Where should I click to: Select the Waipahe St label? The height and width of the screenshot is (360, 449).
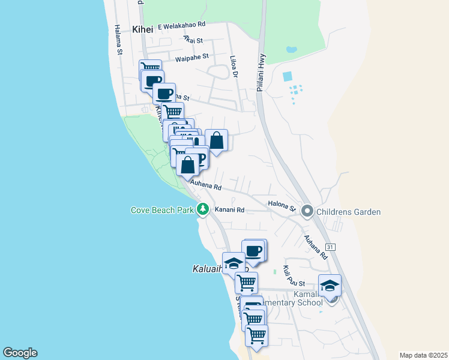[x=191, y=57]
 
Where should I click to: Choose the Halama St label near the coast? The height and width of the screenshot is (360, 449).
[x=118, y=40]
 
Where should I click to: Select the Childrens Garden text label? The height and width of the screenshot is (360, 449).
[x=349, y=212]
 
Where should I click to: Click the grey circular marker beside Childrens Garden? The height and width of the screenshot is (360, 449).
[x=307, y=211]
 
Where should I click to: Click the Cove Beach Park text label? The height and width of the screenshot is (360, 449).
[x=162, y=210]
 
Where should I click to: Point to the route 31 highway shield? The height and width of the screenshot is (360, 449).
[x=330, y=247]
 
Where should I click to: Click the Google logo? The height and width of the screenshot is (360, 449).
[x=20, y=353]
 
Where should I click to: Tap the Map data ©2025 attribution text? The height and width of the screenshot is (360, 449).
[x=423, y=355]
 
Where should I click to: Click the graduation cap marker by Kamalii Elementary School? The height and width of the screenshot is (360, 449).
[x=330, y=285]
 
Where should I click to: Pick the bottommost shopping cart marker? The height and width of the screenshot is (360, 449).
[x=256, y=335]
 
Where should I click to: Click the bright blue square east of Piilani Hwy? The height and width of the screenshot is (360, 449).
[x=287, y=76]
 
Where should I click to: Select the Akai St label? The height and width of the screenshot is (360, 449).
[x=193, y=40]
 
